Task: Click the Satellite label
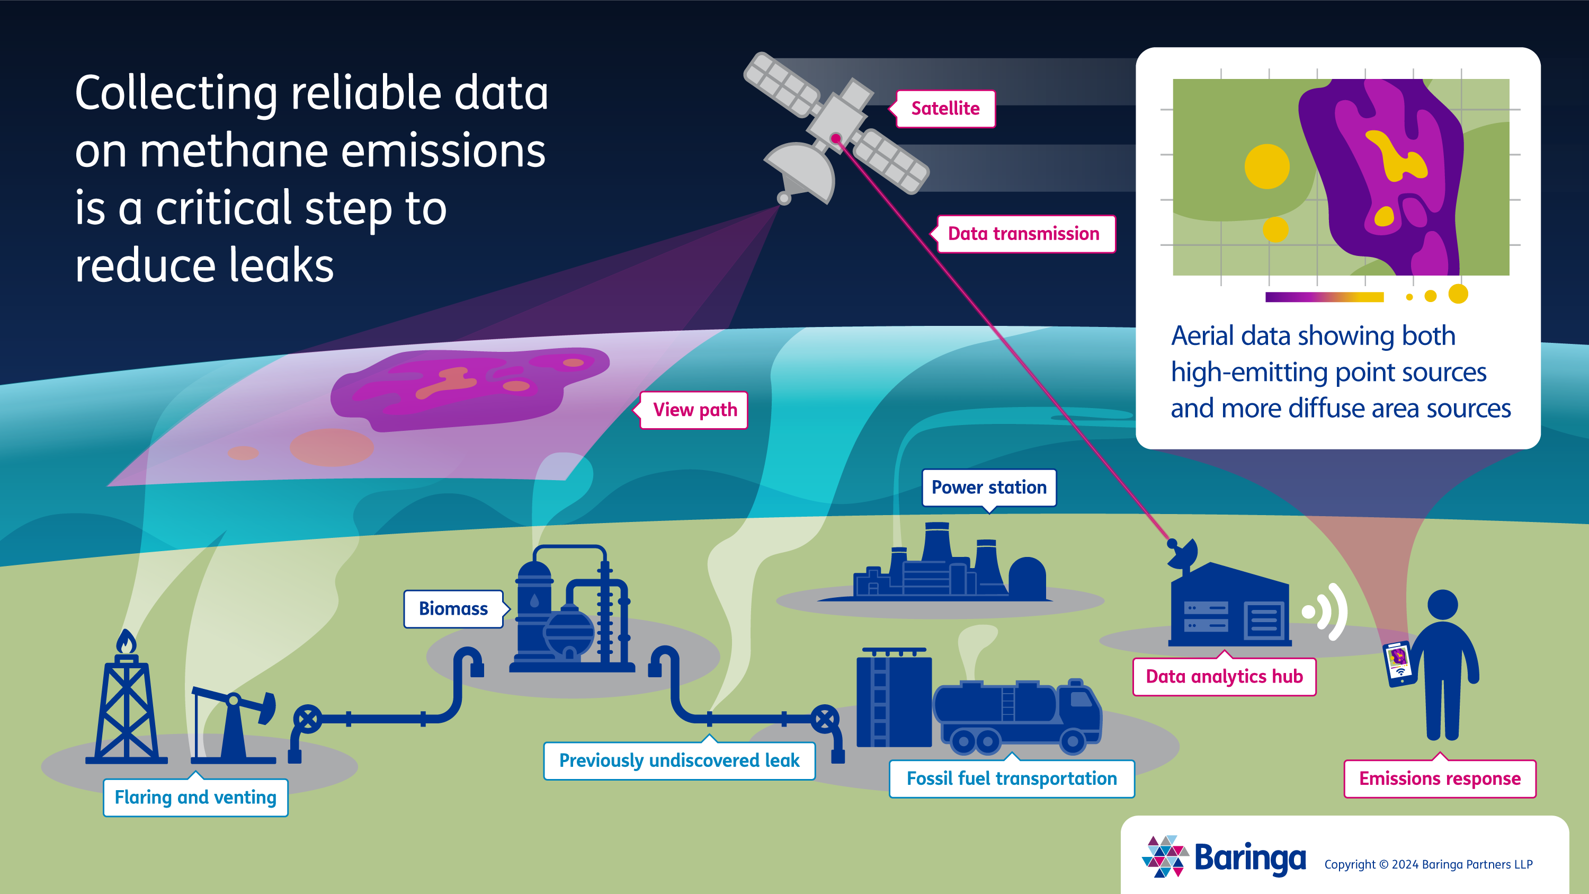click(945, 109)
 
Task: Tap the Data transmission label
click(1024, 234)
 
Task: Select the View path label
click(694, 410)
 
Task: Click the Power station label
click(989, 488)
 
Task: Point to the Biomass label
click(453, 609)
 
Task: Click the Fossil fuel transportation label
click(1012, 778)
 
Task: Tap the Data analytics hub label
click(1225, 677)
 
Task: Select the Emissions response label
click(1440, 778)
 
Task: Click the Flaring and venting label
click(195, 798)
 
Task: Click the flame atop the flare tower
click(127, 642)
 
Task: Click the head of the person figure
click(1443, 605)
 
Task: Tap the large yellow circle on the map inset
click(1267, 166)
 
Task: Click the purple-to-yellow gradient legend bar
click(1324, 297)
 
